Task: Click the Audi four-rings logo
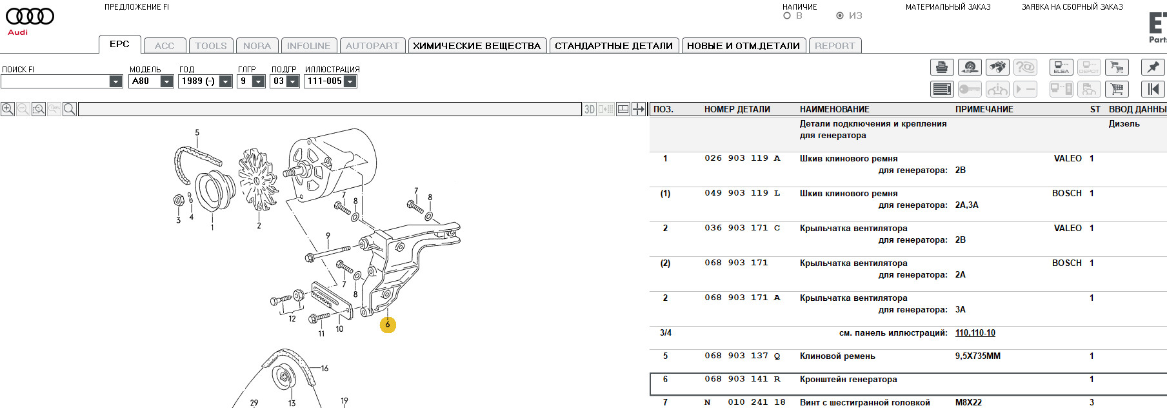pos(30,17)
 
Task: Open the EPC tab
pos(119,45)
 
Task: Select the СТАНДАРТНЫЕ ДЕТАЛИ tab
pos(613,46)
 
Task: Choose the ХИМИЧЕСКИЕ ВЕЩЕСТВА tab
pos(477,46)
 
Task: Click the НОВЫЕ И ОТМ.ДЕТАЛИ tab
pos(743,46)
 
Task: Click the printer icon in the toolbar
pos(942,67)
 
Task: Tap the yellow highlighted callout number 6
pos(388,325)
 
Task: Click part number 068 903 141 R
pos(742,379)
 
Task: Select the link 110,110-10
pos(975,333)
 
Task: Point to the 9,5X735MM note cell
pos(977,356)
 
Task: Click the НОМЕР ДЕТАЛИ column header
pos(737,110)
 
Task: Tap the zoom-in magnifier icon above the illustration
pos(8,109)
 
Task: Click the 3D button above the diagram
pos(589,110)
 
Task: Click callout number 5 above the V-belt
pos(197,133)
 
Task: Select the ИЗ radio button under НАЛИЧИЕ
pos(840,16)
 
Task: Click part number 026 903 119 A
pos(742,158)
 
